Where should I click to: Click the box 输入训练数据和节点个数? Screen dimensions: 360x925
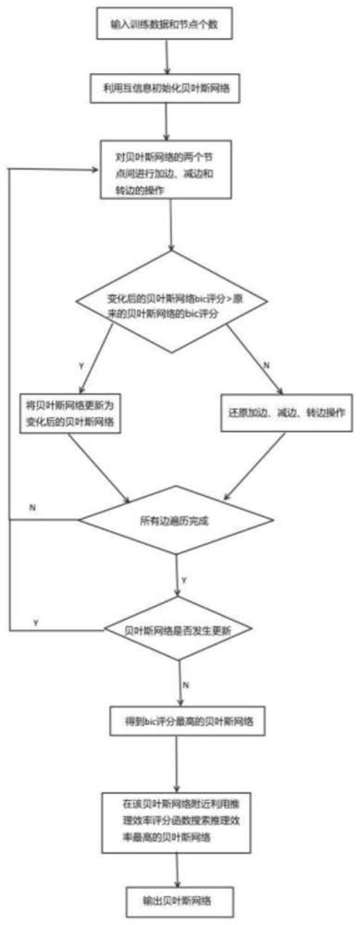coord(165,22)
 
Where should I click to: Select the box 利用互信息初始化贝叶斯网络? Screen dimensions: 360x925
coord(167,90)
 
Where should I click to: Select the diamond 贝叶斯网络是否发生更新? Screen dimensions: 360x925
coord(180,630)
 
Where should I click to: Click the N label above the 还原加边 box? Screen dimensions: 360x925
coord(268,367)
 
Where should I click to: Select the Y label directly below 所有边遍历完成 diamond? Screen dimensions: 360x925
coord(184,579)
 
